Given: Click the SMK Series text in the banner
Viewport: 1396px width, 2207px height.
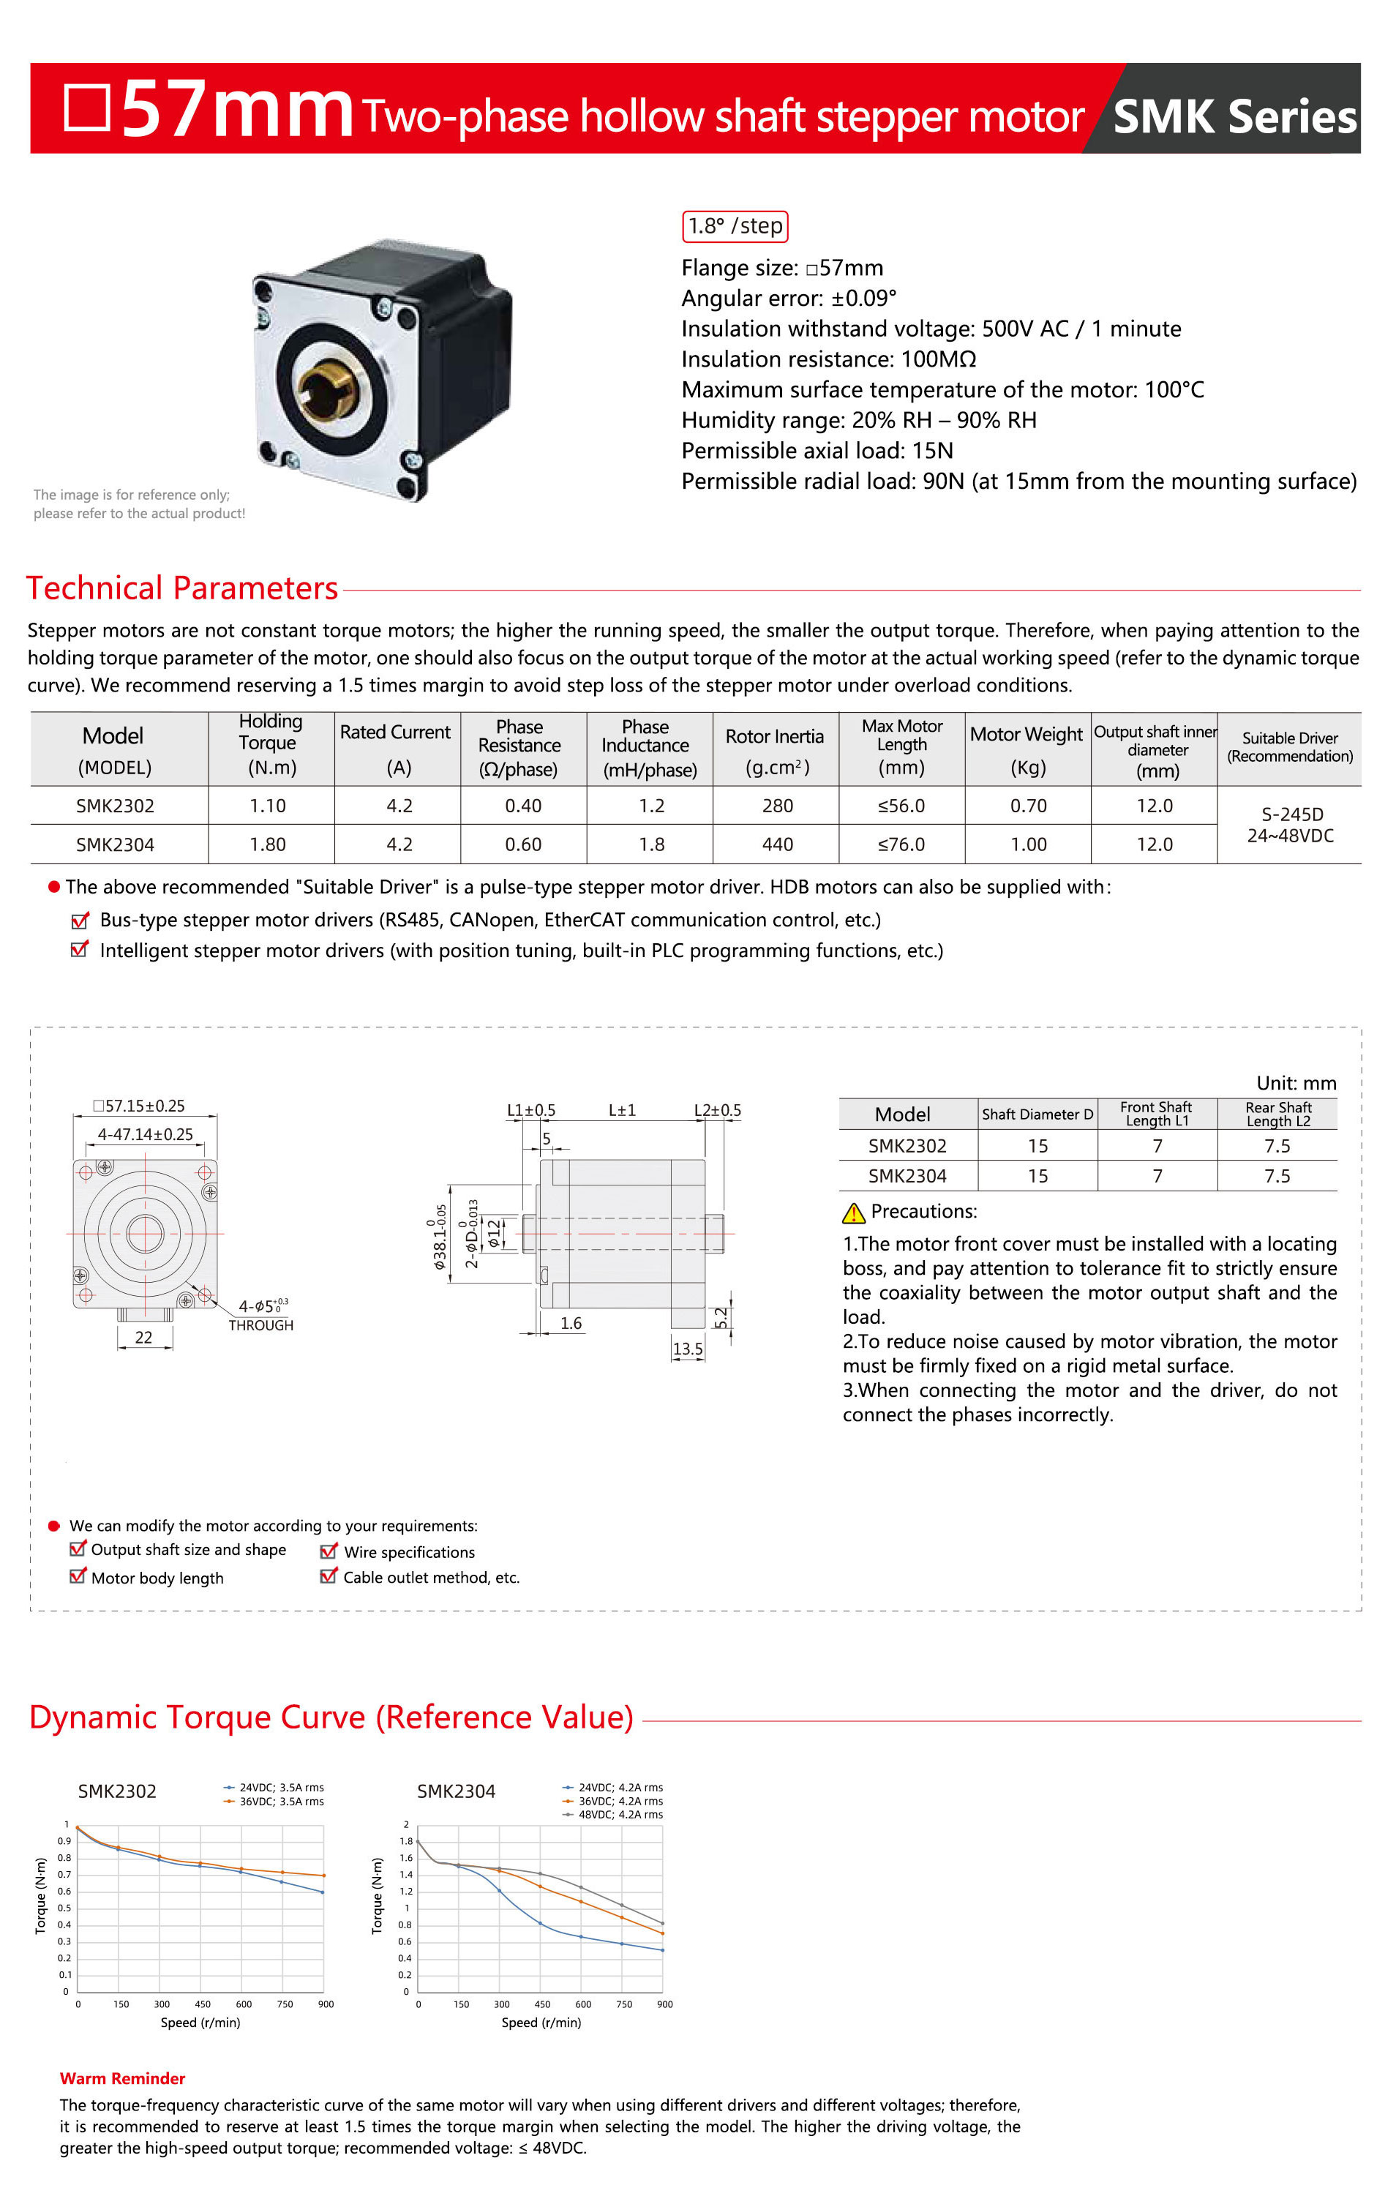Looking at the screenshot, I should pyautogui.click(x=1234, y=116).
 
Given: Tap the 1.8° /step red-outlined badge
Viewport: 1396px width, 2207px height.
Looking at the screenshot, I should pyautogui.click(x=735, y=226).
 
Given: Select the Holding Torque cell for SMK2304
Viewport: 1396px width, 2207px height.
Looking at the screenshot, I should pyautogui.click(x=268, y=844).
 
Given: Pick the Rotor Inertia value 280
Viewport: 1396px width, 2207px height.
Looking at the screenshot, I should pyautogui.click(x=777, y=806).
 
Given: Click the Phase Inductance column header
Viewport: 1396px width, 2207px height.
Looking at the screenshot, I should pyautogui.click(x=649, y=748).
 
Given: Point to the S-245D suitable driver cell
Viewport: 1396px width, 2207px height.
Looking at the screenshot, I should pyautogui.click(x=1290, y=825).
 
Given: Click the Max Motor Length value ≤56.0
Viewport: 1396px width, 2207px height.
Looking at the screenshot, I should pyautogui.click(x=901, y=806).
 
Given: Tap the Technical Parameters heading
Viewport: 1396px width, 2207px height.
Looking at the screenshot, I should pyautogui.click(x=182, y=588).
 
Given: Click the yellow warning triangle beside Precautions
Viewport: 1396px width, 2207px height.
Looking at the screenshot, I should pyautogui.click(x=853, y=1213).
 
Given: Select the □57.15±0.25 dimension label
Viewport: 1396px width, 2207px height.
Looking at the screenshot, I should pyautogui.click(x=139, y=1106).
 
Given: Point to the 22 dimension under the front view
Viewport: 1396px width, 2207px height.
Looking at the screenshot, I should pyautogui.click(x=144, y=1337).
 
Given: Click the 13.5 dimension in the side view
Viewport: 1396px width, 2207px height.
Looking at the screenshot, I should pyautogui.click(x=688, y=1349).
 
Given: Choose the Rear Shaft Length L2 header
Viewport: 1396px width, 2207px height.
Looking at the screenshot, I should pyautogui.click(x=1277, y=1114).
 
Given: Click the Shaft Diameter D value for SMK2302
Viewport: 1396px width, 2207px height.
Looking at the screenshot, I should pyautogui.click(x=1037, y=1146).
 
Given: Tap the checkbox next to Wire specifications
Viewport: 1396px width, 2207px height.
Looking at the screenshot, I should pyautogui.click(x=328, y=1551).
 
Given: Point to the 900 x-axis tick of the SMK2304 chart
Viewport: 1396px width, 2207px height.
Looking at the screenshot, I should pyautogui.click(x=664, y=2004).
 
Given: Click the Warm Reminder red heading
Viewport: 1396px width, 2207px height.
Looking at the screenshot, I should pyautogui.click(x=122, y=2079).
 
